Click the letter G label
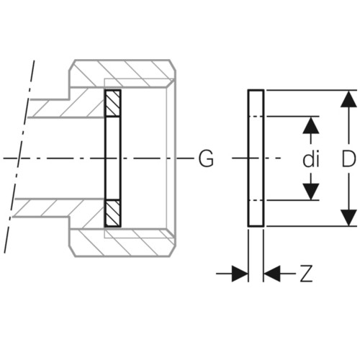coord(206,158)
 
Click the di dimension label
coord(311,160)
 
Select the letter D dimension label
coord(348,159)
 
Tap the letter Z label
coord(307,274)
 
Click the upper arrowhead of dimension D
coord(348,99)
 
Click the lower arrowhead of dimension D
coord(348,217)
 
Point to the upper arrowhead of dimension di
coord(311,125)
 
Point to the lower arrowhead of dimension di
coord(311,192)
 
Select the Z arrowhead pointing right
coord(240,274)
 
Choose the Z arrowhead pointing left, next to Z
coord(272,274)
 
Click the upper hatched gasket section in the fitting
coord(113,103)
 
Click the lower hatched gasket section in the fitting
coord(113,213)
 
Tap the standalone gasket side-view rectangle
coord(256,158)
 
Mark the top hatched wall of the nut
coord(122,73)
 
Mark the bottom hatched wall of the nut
coord(122,243)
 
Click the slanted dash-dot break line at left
coord(19,156)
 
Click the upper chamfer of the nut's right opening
coord(171,83)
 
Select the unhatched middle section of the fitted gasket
coord(113,158)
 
